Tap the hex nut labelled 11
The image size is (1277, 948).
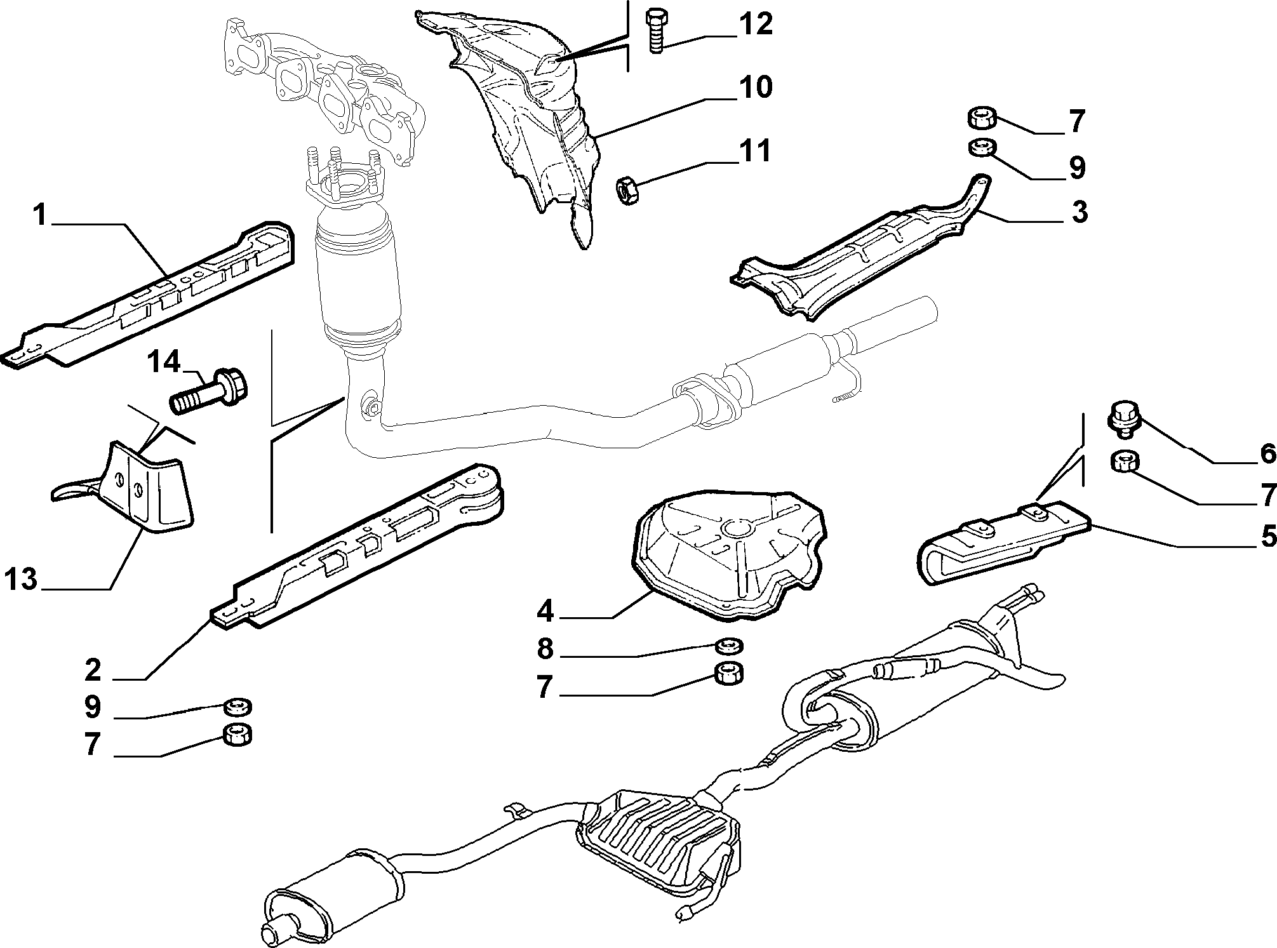[x=627, y=191]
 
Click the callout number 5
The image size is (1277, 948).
[x=1267, y=537]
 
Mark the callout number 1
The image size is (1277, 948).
[x=39, y=216]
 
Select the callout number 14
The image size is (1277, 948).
[x=164, y=363]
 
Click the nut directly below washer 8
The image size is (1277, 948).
[x=728, y=674]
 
